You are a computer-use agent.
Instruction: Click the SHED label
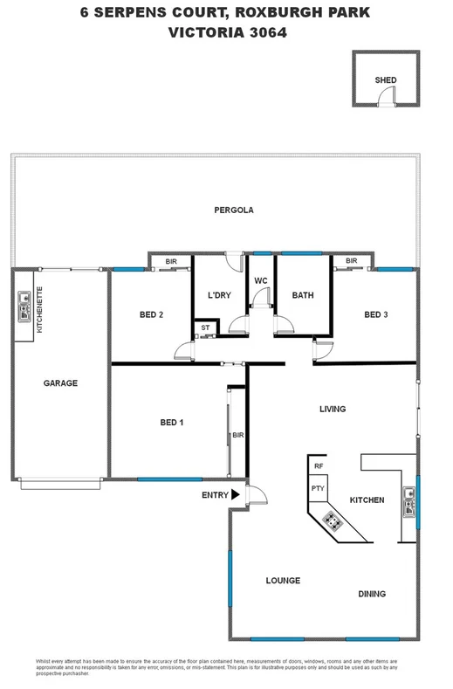385,80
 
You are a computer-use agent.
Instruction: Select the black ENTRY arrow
236,495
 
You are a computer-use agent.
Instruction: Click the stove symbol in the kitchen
333,521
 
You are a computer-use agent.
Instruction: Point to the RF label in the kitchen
319,467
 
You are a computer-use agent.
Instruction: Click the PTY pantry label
318,488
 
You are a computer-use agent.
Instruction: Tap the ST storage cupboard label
204,328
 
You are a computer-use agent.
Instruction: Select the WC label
261,280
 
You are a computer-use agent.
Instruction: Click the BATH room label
303,295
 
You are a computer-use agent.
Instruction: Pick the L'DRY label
219,295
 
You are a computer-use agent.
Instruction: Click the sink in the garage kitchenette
23,306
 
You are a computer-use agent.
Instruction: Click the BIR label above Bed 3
352,261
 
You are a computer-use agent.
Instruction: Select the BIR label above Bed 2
171,261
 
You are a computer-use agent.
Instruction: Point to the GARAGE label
61,383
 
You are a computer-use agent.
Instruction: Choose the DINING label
372,594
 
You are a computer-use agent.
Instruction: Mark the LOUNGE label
283,581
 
